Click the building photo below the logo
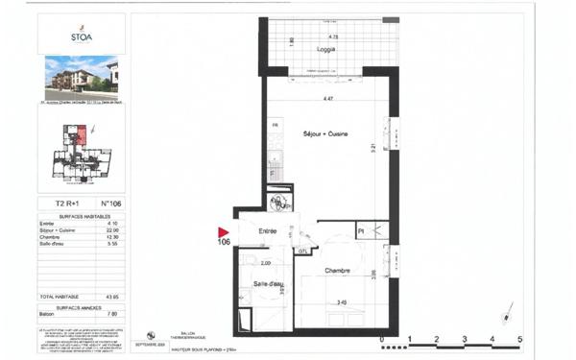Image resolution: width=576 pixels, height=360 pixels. (x=81, y=77)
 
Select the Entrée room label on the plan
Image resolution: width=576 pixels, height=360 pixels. (x=266, y=231)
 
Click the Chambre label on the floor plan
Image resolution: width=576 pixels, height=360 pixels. (x=336, y=271)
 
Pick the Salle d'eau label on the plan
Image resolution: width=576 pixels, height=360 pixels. (x=269, y=284)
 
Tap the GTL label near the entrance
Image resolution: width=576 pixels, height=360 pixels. (x=302, y=251)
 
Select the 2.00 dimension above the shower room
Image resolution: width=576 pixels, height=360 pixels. (x=266, y=262)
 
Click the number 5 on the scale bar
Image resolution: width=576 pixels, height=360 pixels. (x=519, y=339)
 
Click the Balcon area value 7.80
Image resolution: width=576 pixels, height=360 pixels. (x=111, y=313)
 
